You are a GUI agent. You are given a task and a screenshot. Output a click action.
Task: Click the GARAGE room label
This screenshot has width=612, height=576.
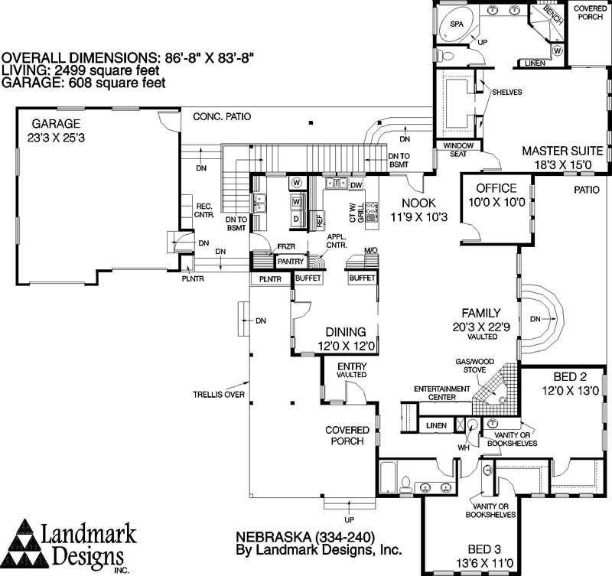[56, 124]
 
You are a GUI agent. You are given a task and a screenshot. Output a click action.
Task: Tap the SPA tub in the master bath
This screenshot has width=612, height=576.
[456, 24]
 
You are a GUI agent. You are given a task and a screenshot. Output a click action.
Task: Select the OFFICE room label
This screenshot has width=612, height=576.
[496, 188]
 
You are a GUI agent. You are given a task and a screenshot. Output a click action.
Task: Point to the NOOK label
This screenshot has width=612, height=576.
[418, 203]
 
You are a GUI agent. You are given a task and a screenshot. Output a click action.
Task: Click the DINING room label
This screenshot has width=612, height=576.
[346, 332]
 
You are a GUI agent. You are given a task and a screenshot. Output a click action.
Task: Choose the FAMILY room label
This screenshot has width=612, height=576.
[481, 313]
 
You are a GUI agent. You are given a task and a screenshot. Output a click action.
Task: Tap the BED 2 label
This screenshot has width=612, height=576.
[570, 376]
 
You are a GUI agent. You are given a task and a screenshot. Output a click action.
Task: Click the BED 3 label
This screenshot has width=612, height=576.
[484, 549]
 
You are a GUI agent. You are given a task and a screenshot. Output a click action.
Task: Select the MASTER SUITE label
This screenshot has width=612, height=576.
[562, 151]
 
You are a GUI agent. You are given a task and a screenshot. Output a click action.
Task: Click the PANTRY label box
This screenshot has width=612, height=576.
[291, 262]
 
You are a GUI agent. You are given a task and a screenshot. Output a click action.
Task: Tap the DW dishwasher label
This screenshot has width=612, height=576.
[356, 185]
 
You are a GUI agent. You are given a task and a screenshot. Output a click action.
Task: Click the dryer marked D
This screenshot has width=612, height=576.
[296, 219]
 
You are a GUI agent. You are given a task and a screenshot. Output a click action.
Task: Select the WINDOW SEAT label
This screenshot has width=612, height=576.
[458, 150]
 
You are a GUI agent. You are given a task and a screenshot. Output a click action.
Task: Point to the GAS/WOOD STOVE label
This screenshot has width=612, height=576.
[474, 366]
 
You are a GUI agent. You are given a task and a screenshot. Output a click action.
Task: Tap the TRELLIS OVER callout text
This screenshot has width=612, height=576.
[219, 395]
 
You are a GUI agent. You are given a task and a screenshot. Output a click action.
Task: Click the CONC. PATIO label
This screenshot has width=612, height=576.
[222, 117]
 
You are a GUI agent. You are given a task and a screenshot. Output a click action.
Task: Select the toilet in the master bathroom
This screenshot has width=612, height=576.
[445, 55]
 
